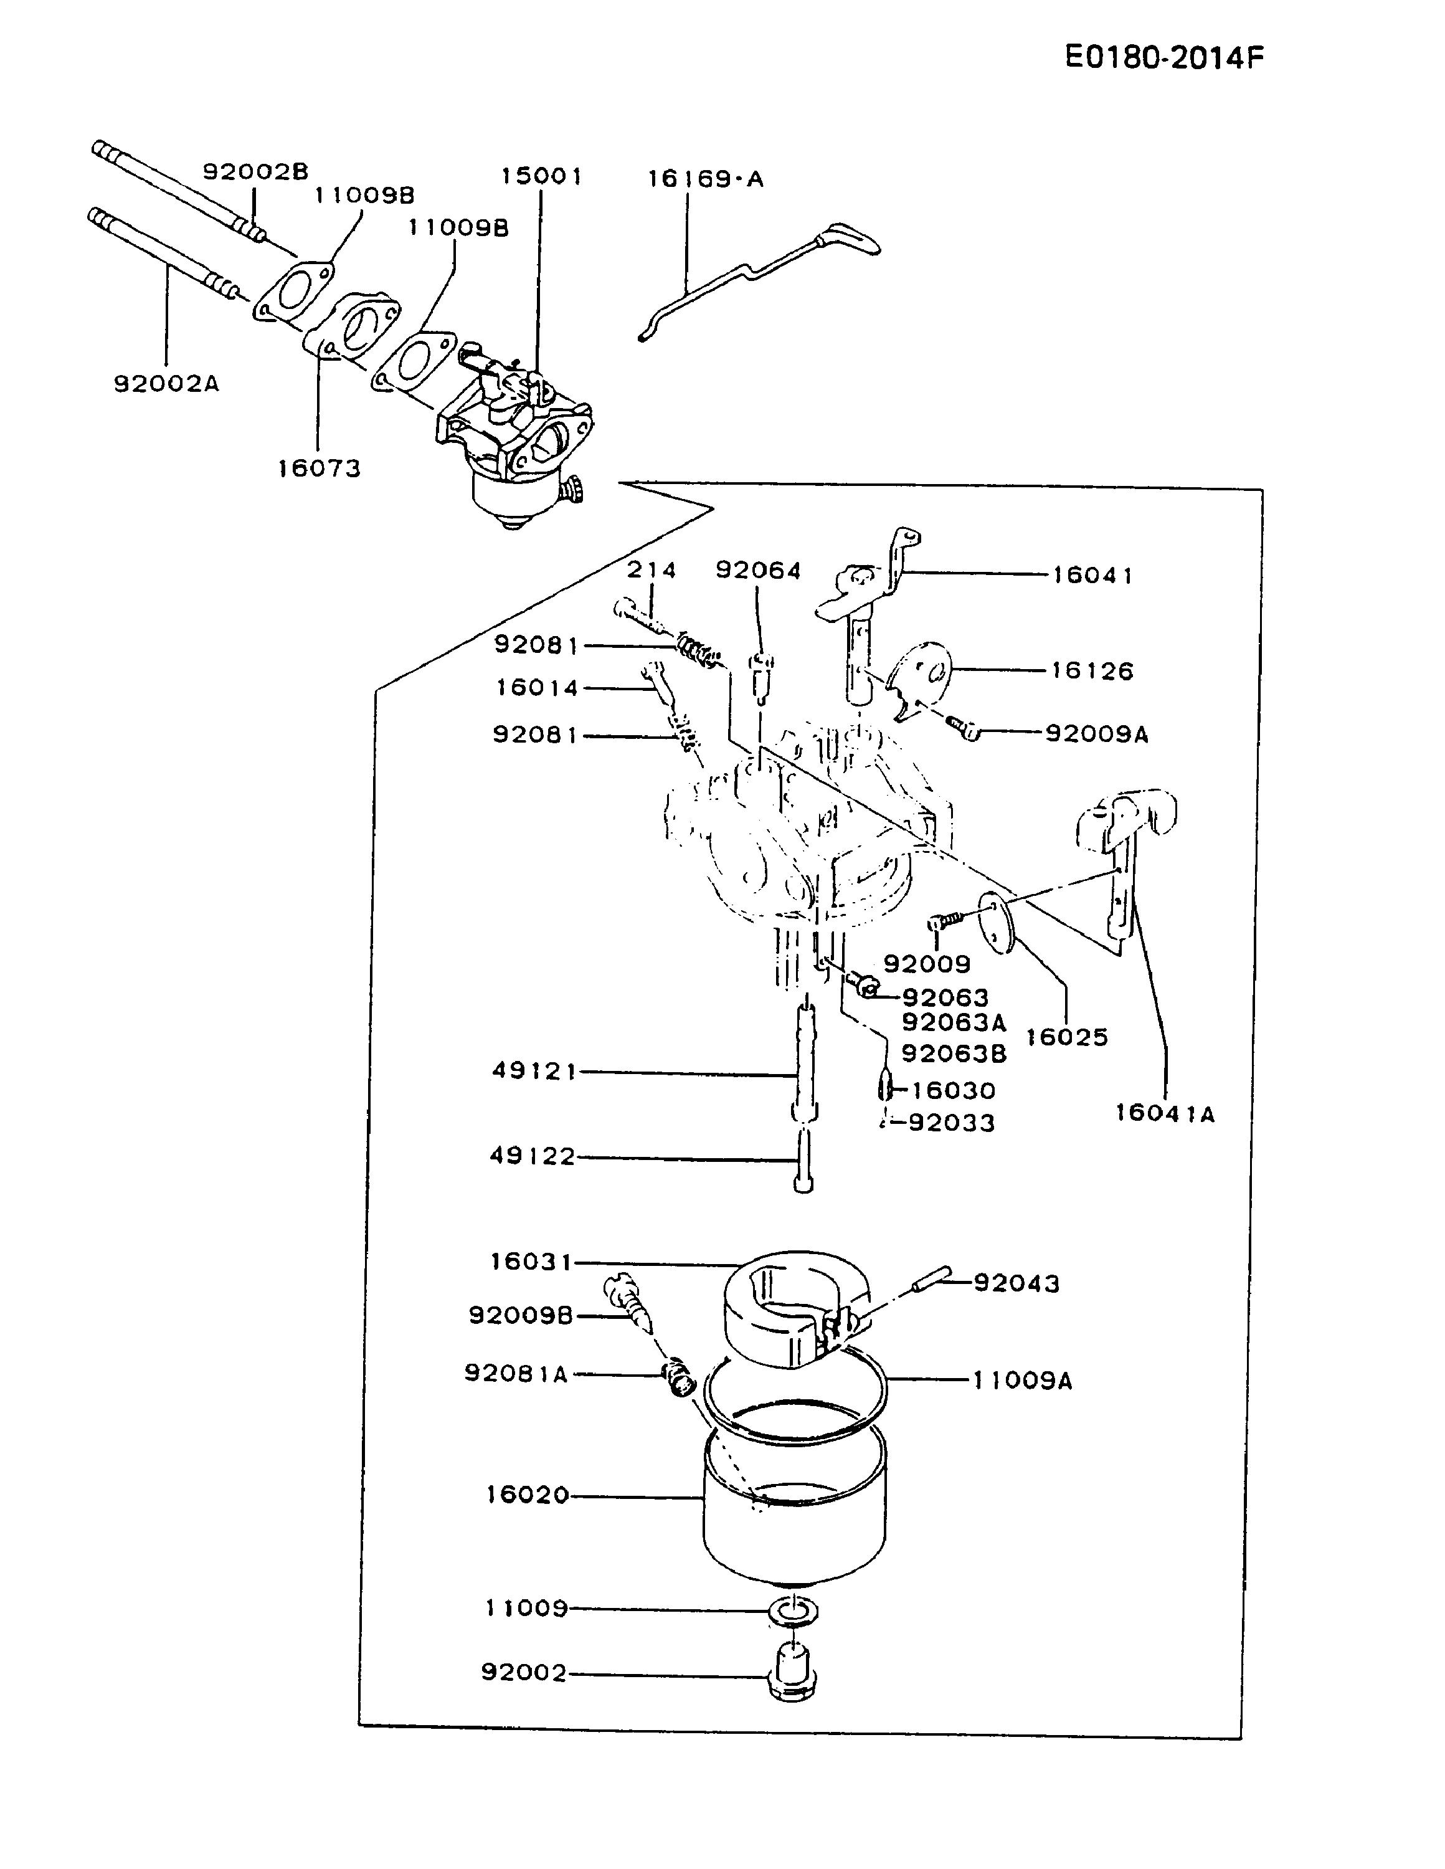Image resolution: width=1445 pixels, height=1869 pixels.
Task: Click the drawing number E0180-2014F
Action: tap(1163, 57)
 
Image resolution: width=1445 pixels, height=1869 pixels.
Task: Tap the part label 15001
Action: tap(541, 176)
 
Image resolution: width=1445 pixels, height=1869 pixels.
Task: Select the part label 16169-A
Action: tap(705, 179)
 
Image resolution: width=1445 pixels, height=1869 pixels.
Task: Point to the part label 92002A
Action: tap(167, 383)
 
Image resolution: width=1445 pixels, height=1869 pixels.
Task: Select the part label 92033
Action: tap(951, 1122)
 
